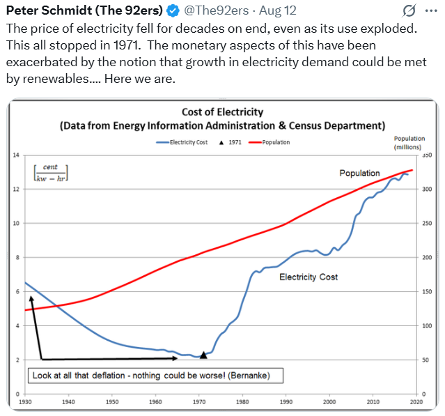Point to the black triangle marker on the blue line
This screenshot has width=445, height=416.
point(203,355)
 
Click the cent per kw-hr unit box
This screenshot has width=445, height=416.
point(49,172)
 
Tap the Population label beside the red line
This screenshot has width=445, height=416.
point(359,173)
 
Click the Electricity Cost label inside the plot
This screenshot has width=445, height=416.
point(309,277)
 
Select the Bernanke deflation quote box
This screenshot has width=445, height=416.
point(150,376)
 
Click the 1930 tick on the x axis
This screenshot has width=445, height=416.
point(25,402)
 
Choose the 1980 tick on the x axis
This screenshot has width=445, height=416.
point(242,402)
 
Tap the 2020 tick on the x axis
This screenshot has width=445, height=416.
point(416,402)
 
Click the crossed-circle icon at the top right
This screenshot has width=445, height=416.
point(410,11)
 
